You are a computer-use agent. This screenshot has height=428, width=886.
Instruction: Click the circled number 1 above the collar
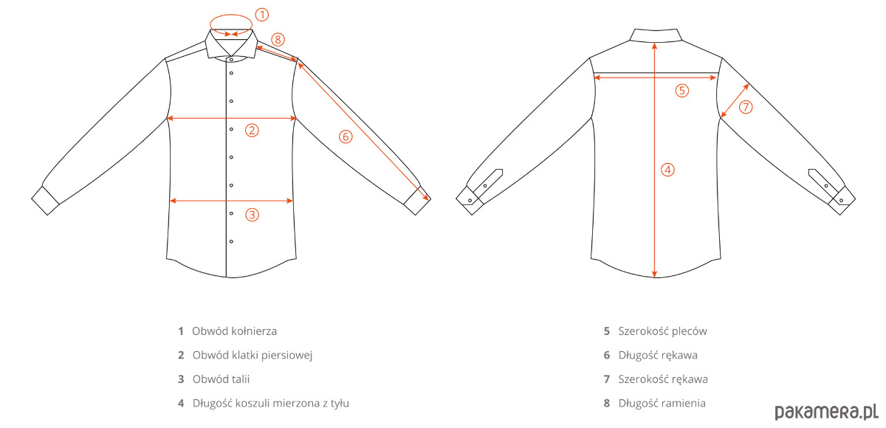pos(261,15)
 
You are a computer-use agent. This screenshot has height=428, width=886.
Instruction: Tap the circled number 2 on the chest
pos(252,130)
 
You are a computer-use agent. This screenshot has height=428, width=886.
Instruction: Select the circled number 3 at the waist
pos(252,215)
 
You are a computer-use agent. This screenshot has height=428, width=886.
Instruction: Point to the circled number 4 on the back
pos(667,170)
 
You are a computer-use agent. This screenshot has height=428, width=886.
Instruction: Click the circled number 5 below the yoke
pos(681,91)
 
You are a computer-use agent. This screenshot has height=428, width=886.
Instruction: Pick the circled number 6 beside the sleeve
pos(346,137)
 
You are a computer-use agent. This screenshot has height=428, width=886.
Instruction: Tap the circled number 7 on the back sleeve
pos(746,107)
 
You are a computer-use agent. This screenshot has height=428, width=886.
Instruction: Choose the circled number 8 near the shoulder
pos(278,40)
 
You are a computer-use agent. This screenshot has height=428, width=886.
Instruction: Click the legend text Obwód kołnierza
pos(235,331)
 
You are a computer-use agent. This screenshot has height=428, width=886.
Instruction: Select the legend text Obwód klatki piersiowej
pos(253,355)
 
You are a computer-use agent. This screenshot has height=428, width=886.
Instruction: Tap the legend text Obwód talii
pos(221,379)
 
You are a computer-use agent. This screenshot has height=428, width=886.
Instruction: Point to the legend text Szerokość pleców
pos(662,331)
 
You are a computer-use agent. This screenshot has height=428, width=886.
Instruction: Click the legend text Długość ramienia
pos(662,404)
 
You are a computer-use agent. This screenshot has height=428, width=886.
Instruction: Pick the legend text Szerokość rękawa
pos(663,379)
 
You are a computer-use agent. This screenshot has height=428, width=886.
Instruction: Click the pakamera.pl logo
pos(826,413)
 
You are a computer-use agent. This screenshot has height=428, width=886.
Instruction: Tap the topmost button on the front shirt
pos(231,60)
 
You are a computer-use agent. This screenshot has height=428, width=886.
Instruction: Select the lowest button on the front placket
pos(231,241)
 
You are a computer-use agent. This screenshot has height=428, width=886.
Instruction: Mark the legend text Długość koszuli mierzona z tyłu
pos(271,404)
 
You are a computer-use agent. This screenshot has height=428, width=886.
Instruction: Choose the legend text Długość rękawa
pos(658,355)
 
